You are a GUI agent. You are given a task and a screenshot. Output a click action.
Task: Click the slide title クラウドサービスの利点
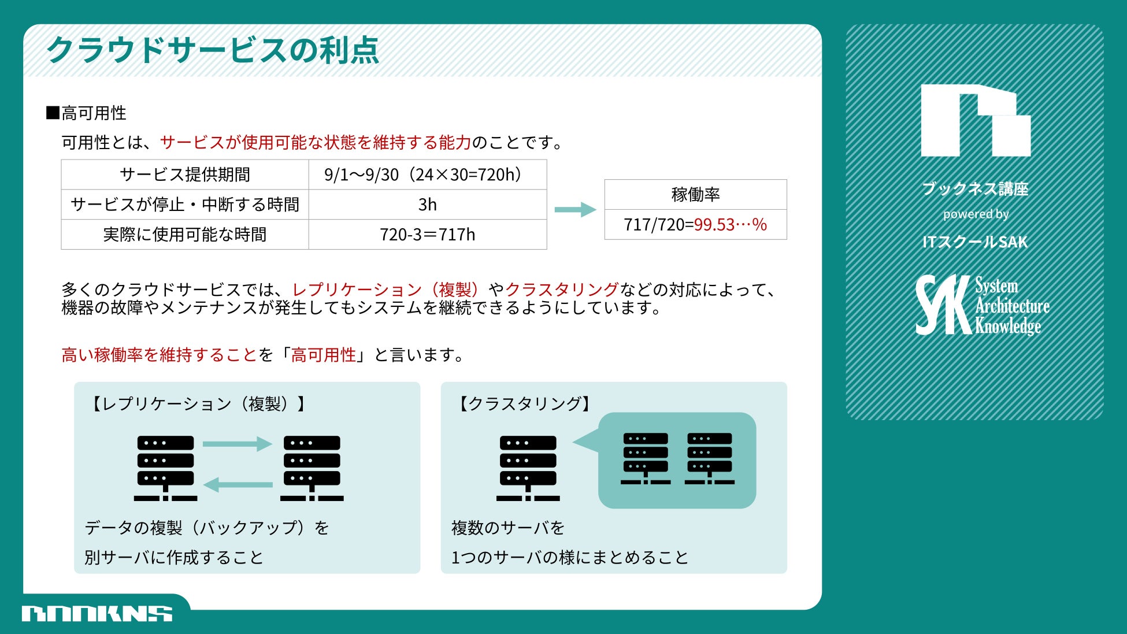point(212,50)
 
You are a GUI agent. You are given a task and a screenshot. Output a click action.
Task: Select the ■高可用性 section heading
point(87,113)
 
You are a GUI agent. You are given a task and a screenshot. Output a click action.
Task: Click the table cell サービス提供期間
point(185,175)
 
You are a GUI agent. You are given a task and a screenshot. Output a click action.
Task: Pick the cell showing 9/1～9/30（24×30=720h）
point(427,175)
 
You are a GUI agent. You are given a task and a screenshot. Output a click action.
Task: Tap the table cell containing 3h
point(427,205)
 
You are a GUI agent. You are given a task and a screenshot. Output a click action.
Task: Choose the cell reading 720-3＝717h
point(427,235)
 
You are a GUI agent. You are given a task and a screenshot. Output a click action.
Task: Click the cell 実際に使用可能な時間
point(185,235)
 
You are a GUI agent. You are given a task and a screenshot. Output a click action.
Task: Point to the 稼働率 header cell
point(695,195)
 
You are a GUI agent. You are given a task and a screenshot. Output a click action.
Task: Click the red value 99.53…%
point(730,224)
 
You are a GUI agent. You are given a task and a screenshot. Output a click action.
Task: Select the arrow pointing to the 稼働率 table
point(575,209)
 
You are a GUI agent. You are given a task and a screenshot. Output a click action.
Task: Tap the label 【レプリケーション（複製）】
point(197,403)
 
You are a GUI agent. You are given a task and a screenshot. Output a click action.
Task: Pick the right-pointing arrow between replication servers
point(238,444)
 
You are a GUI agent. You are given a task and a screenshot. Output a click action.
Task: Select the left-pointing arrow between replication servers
point(238,484)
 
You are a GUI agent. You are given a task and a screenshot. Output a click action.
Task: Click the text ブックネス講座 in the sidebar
point(975,189)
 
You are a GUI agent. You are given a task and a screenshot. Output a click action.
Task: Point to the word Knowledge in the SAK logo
point(1008,326)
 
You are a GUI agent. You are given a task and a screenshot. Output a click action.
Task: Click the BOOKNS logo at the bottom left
point(97,614)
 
